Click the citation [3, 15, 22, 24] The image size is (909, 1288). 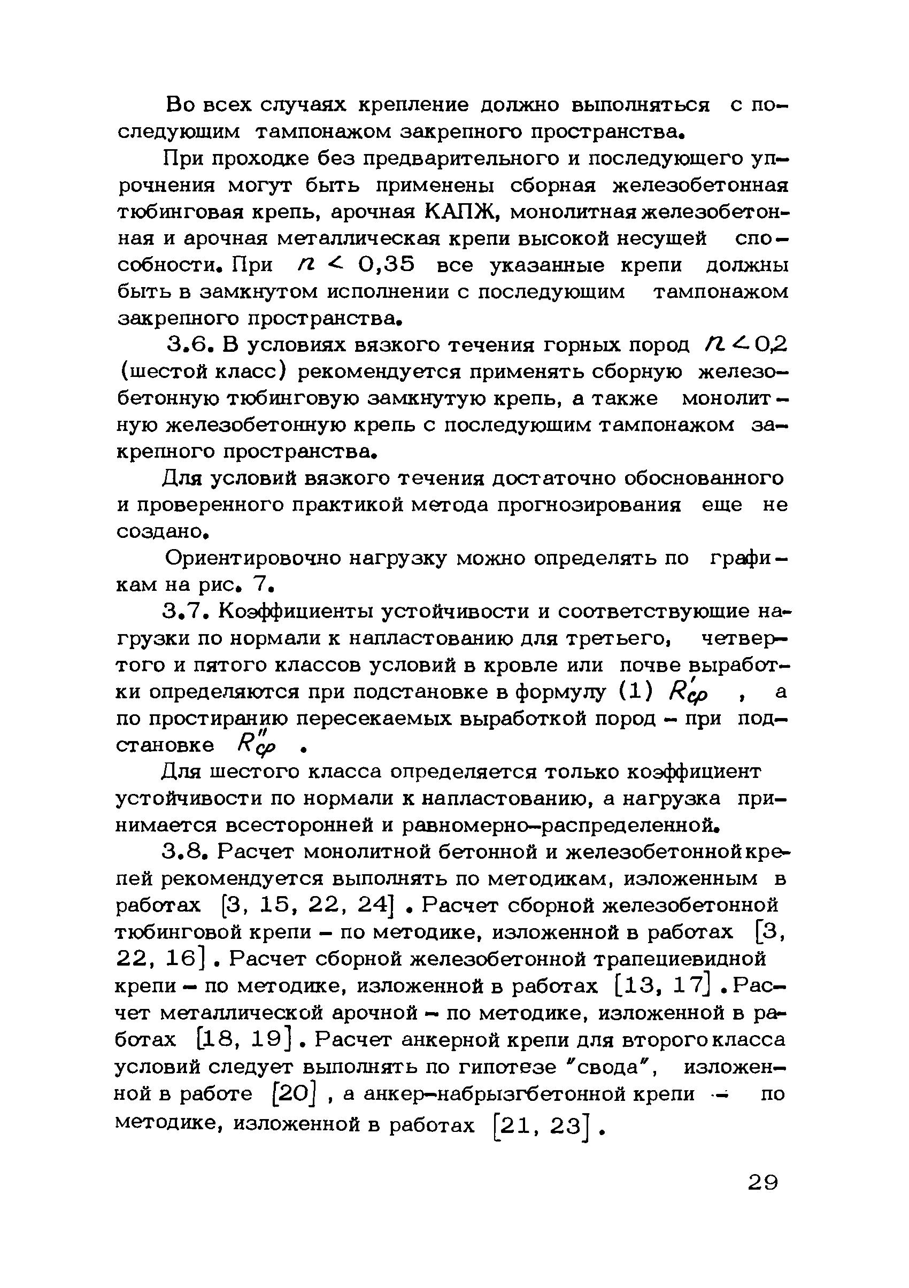(x=306, y=905)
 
